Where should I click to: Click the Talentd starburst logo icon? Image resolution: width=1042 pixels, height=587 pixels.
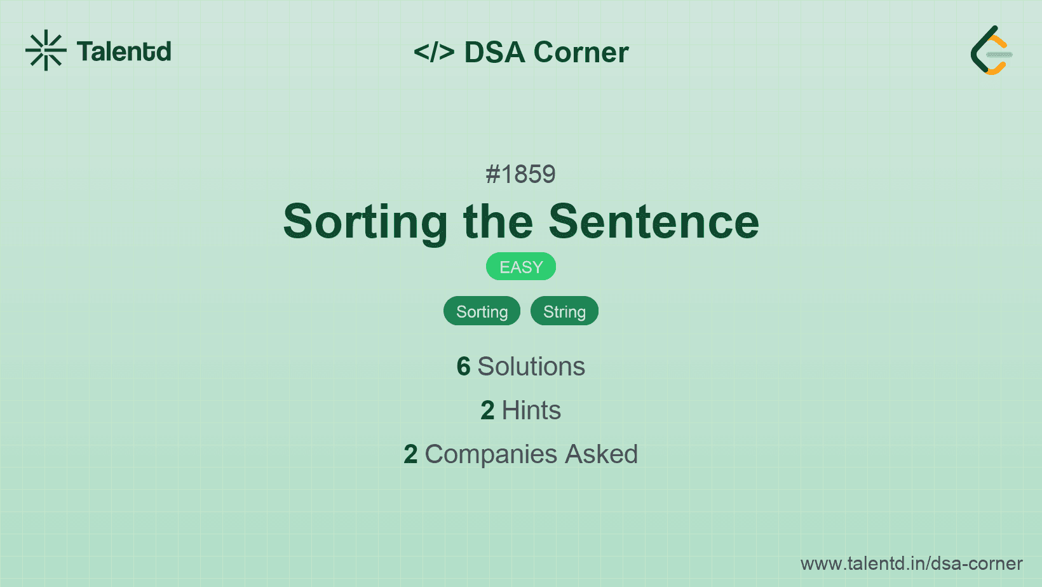point(46,50)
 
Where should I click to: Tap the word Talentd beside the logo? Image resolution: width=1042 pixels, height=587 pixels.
point(124,51)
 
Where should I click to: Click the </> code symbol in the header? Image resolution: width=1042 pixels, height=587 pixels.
point(434,52)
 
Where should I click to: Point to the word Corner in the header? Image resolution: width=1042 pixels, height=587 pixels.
point(581,52)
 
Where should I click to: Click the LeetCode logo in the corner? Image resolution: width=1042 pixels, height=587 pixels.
point(991,50)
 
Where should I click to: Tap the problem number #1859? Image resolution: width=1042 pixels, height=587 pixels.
point(520,175)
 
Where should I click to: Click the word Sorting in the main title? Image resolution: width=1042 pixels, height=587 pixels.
point(365,222)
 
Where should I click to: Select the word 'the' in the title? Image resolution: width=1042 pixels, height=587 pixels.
point(497,222)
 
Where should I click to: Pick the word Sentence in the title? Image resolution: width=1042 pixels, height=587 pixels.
point(654,222)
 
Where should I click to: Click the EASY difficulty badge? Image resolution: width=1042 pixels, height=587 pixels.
point(521,267)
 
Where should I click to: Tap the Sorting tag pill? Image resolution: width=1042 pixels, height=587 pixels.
point(482,311)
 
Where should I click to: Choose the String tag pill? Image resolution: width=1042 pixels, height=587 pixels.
point(564,311)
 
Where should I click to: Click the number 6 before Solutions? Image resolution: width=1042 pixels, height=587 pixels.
point(463,367)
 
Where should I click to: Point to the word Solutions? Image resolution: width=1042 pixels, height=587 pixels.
point(531,367)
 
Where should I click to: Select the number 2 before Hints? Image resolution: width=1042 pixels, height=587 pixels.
point(487,410)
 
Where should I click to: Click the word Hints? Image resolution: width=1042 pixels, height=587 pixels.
point(531,410)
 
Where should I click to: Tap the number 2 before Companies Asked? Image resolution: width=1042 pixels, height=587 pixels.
point(410,454)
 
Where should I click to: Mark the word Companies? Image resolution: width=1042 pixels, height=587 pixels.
point(491,455)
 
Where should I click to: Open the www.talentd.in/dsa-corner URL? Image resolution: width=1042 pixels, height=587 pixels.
point(911,563)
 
